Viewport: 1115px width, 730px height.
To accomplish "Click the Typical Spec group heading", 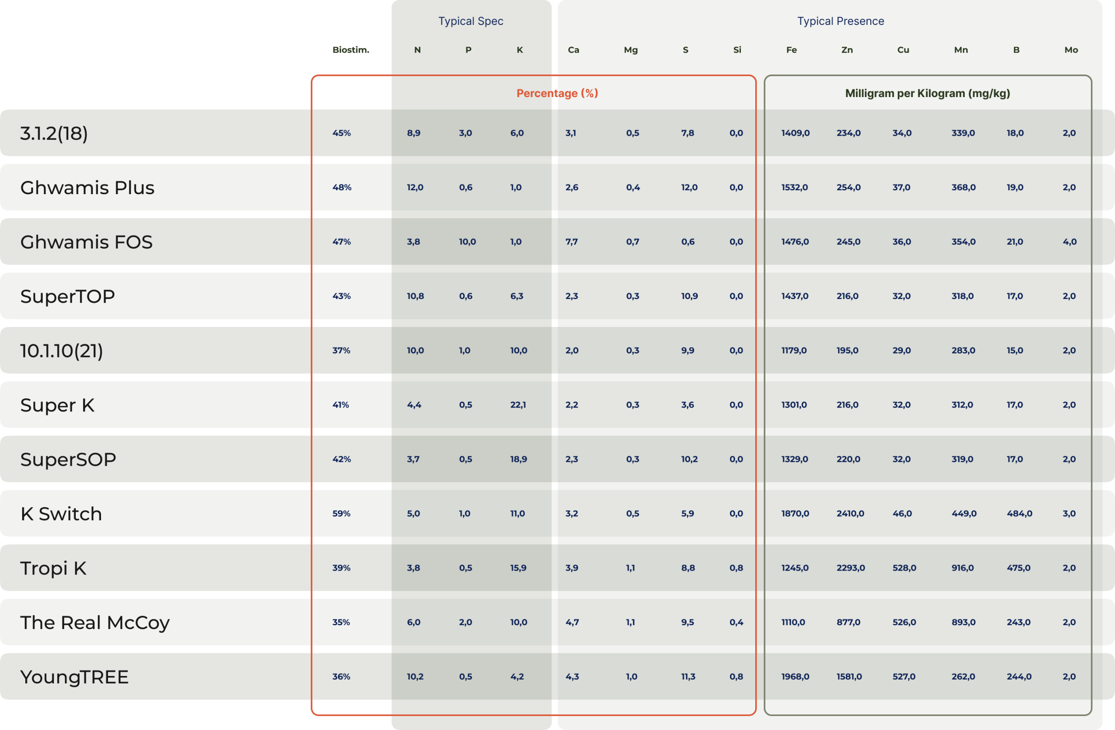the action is click(x=471, y=21).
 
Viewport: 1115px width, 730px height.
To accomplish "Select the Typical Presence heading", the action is click(x=841, y=21).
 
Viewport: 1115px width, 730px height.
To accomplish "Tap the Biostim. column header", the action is click(x=351, y=50).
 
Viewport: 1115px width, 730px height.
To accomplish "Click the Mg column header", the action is click(x=631, y=50).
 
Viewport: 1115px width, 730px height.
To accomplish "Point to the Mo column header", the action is click(x=1071, y=50).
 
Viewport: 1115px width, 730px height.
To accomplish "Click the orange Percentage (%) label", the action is click(x=557, y=93).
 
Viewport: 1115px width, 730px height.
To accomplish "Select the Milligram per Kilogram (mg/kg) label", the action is click(x=927, y=93).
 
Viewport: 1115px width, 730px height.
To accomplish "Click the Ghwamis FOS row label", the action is click(x=86, y=242).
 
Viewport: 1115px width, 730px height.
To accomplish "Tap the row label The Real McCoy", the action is click(x=95, y=622).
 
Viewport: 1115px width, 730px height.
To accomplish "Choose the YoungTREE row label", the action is click(x=74, y=677).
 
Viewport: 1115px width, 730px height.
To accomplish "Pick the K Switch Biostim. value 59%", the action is click(x=341, y=513).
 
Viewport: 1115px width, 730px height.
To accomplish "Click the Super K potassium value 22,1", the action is click(x=518, y=404).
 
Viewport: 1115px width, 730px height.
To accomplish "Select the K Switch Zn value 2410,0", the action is click(x=850, y=513).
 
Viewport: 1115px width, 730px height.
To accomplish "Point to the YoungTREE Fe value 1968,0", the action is click(x=795, y=676).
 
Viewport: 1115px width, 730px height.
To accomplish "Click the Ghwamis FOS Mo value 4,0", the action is click(x=1070, y=242).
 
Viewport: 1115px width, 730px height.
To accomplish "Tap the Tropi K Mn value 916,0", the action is click(x=962, y=568).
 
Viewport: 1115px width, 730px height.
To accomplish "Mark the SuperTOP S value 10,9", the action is click(x=689, y=296).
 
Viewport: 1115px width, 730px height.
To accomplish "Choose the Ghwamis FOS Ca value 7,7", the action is click(x=571, y=242).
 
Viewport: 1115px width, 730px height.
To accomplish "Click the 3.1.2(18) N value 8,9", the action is click(x=413, y=133).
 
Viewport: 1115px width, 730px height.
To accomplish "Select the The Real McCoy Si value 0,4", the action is click(x=736, y=622).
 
